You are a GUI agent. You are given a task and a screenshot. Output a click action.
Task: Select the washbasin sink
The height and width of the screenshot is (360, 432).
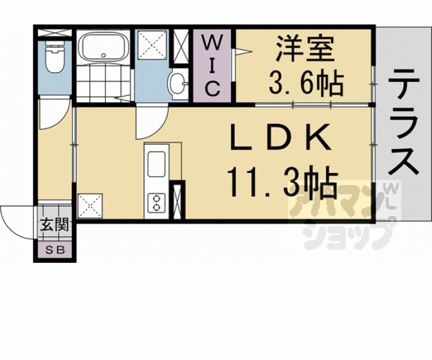point(177,83)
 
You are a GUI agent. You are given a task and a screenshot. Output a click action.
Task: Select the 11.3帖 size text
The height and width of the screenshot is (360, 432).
point(282,182)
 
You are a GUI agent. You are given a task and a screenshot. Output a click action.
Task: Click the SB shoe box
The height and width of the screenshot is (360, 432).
point(54,250)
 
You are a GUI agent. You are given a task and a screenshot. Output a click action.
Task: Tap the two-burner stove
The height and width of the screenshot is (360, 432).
point(154,202)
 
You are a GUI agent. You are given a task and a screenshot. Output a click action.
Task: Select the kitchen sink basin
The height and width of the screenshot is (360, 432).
point(155,166)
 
